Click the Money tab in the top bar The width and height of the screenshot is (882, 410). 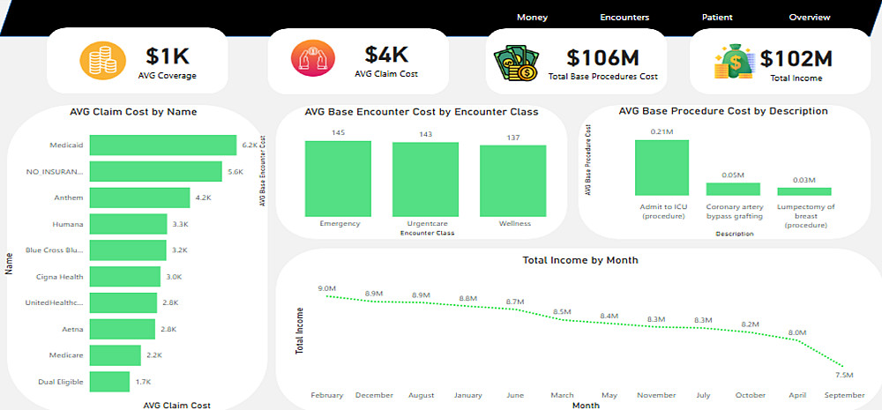(532, 17)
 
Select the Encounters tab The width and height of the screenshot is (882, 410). (624, 17)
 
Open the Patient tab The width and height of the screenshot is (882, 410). (717, 17)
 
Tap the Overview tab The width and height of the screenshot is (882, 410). (810, 17)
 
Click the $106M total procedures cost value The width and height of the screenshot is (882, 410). (602, 57)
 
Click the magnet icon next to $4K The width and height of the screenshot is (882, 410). (309, 60)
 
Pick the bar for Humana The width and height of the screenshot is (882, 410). (127, 224)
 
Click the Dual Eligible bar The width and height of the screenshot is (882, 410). (110, 381)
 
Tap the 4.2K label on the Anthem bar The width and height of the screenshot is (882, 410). (203, 198)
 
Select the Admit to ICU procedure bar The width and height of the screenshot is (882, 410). (661, 168)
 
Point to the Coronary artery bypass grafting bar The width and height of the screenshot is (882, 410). (733, 189)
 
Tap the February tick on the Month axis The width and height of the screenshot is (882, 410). (327, 395)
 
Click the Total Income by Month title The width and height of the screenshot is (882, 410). (579, 260)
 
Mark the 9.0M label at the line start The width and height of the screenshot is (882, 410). (327, 288)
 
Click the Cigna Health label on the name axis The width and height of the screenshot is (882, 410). (61, 277)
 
